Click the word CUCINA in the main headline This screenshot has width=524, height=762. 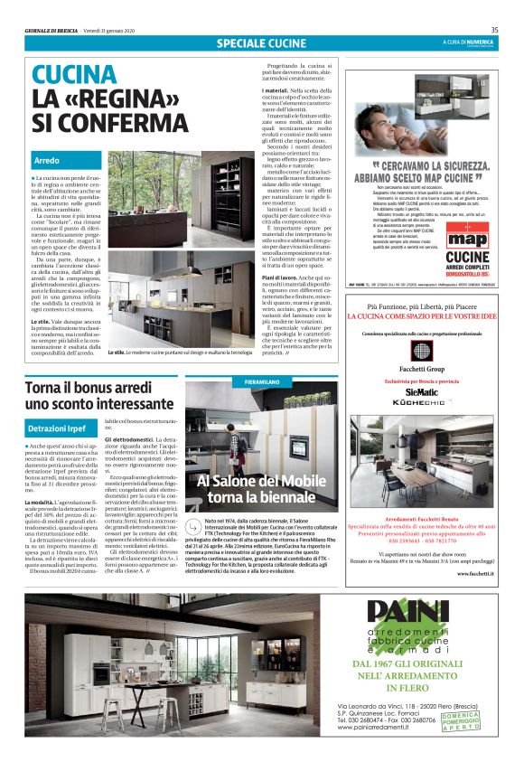(x=74, y=74)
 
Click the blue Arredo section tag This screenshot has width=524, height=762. (x=47, y=160)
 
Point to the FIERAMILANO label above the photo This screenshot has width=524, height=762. (x=266, y=383)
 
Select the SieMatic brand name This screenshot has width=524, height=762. (x=423, y=393)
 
